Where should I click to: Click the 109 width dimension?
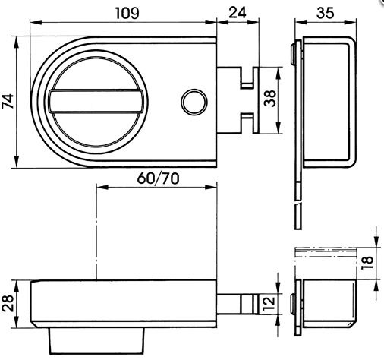[x=127, y=13]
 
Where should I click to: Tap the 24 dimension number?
[x=238, y=13]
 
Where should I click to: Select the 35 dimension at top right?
[x=325, y=13]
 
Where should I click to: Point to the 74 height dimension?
[x=8, y=101]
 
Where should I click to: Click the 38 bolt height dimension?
[x=269, y=99]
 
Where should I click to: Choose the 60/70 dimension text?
[x=158, y=178]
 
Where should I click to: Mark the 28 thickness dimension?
[x=8, y=303]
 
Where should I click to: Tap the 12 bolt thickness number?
[x=269, y=304]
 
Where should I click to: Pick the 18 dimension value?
[x=367, y=263]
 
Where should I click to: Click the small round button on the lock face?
[x=194, y=102]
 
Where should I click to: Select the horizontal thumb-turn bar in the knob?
[x=96, y=101]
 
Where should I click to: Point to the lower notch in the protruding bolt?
[x=247, y=123]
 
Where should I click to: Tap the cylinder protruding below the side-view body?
[x=96, y=341]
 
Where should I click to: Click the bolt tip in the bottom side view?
[x=256, y=304]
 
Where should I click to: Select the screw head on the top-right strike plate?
[x=292, y=54]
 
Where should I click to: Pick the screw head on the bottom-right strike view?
[x=292, y=304]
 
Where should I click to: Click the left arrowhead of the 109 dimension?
[x=36, y=22]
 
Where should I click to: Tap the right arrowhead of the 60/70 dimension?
[x=211, y=187]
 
